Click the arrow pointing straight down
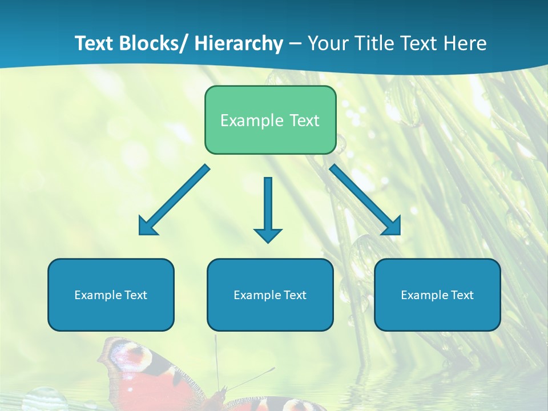tap(268, 209)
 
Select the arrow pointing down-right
tap(365, 200)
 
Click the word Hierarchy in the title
tap(239, 43)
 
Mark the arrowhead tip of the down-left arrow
tap(140, 234)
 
